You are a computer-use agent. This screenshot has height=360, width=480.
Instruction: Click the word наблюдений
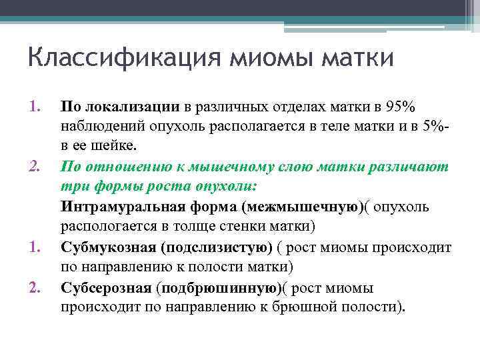click(x=99, y=126)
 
